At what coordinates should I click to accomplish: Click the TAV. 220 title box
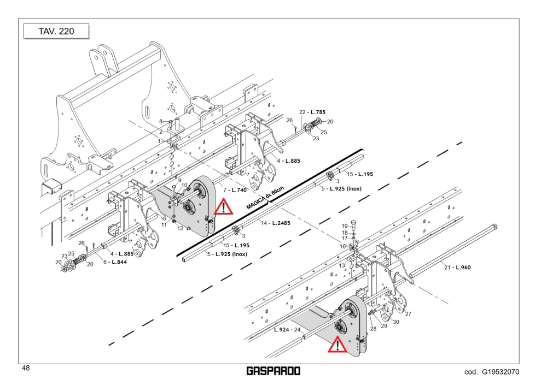pos(56,31)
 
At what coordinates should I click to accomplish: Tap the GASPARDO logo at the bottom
pos(273,371)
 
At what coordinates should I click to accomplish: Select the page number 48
pos(26,368)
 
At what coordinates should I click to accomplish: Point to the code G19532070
pos(492,372)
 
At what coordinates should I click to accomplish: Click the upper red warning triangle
pos(223,207)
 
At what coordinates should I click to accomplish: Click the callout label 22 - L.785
pos(312,112)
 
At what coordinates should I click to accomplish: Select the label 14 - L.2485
pos(276,223)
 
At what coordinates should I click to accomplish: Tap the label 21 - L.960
pos(457,268)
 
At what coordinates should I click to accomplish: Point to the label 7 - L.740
pos(235,189)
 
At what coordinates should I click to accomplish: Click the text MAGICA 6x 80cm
pos(265,198)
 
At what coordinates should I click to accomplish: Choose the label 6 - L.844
pos(115,262)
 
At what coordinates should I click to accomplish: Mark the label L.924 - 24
pos(287,330)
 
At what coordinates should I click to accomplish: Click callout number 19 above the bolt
pos(345,226)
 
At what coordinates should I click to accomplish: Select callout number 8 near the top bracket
pos(161,121)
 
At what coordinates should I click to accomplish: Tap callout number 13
pos(342,265)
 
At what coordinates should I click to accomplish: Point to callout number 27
pos(408,313)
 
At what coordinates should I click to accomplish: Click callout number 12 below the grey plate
pos(180,228)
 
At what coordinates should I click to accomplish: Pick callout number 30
pos(396,322)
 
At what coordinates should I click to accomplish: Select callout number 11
pos(164,225)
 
